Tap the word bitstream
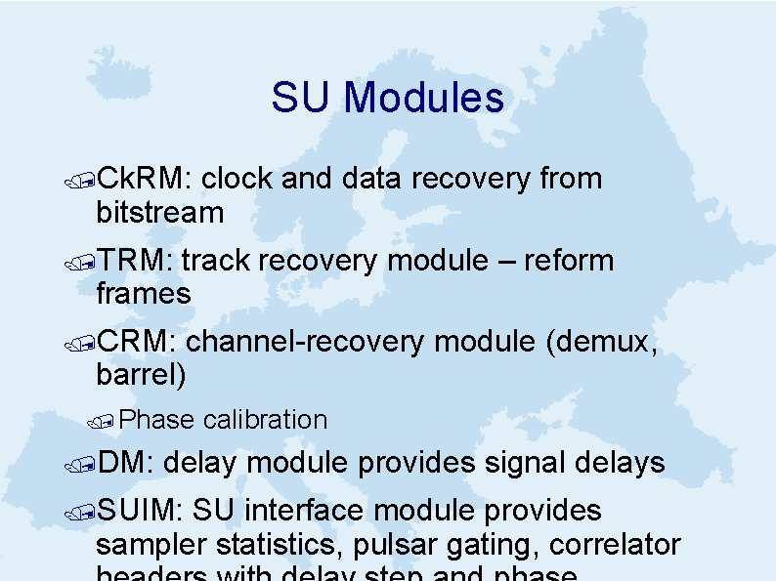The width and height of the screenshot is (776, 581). tap(160, 212)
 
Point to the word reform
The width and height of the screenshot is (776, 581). tap(569, 261)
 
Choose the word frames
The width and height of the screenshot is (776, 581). tap(144, 293)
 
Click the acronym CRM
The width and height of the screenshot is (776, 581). tap(138, 342)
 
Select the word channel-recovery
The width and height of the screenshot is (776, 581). tap(305, 342)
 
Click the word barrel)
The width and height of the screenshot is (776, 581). tap(141, 374)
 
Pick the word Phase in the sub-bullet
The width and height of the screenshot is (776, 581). tap(160, 420)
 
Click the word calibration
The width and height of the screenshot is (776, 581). tap(265, 420)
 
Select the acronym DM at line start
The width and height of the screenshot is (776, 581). tap(121, 463)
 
